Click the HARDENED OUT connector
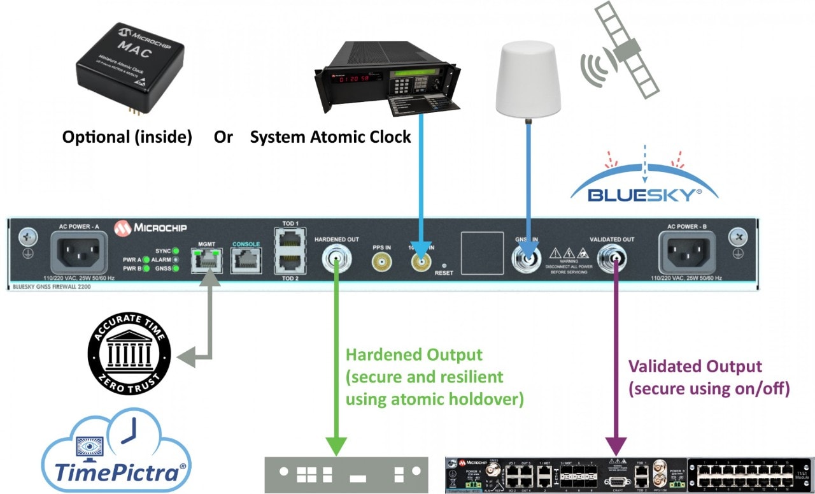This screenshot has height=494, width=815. tap(336, 259)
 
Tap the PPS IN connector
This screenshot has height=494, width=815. tap(381, 261)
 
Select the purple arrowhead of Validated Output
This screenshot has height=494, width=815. tap(616, 444)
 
